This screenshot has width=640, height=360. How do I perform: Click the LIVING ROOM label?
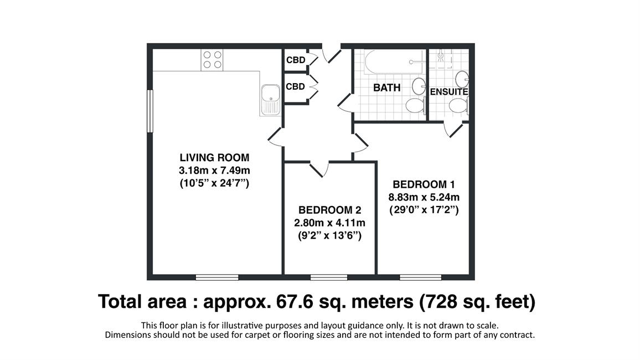coord(214,157)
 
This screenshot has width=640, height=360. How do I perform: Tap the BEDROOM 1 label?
coord(424,184)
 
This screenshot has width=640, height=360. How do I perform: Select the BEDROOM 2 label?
coord(330,210)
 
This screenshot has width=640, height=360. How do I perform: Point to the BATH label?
coord(386,88)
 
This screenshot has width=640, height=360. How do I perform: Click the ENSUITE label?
coord(448,92)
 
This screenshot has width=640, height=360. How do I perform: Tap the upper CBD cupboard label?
coord(296,60)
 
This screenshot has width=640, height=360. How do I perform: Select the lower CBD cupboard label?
coord(295,86)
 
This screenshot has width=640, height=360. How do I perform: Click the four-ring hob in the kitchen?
coord(212,60)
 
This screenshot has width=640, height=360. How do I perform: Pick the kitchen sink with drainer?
coord(270,100)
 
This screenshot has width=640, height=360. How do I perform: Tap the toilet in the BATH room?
coord(416,105)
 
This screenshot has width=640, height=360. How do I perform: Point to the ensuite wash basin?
coord(462,79)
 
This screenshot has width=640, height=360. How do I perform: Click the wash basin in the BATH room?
coord(419,86)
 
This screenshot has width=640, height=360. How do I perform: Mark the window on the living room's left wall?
coord(150,111)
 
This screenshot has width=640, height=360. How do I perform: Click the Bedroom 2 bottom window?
coord(329,277)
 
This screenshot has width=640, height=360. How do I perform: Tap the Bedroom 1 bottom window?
coord(420,277)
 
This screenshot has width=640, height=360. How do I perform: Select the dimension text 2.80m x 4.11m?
coord(330,223)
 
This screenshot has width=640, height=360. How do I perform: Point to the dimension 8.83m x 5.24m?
coord(424,198)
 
